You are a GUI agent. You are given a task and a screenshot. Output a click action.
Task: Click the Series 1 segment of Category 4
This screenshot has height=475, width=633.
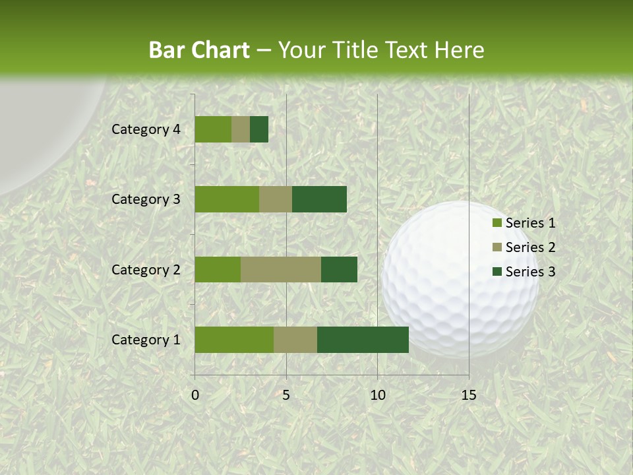(x=212, y=129)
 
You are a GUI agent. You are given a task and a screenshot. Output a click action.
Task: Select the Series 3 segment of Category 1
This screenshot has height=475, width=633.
(x=363, y=340)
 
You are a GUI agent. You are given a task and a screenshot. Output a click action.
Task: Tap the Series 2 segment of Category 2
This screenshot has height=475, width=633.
(x=280, y=269)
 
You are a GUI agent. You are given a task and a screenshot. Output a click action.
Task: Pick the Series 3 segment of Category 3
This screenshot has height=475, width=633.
(x=319, y=199)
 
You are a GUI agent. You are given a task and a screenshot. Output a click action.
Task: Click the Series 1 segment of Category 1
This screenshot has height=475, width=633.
(x=233, y=340)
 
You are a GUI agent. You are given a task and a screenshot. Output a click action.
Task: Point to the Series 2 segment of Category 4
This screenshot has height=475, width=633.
(x=240, y=129)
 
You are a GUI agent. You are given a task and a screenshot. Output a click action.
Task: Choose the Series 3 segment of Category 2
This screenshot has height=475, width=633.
(x=339, y=269)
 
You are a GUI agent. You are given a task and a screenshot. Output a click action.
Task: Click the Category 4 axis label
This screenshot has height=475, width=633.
(x=146, y=129)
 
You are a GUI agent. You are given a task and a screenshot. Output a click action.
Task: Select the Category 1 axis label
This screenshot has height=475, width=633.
(x=146, y=340)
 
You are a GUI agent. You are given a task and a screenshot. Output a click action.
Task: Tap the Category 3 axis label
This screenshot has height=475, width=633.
(x=146, y=199)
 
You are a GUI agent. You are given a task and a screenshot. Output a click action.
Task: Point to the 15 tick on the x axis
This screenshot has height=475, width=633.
(x=468, y=396)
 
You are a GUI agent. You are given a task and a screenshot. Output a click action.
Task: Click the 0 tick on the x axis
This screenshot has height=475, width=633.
(x=195, y=396)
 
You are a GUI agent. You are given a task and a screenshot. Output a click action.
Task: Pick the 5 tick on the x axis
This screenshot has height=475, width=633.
(x=286, y=396)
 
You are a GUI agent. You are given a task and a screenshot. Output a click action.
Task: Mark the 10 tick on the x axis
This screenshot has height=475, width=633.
(x=377, y=396)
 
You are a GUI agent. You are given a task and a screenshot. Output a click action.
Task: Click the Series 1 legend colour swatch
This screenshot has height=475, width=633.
(x=497, y=223)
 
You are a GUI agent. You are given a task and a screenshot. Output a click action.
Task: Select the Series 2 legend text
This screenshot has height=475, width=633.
(x=530, y=247)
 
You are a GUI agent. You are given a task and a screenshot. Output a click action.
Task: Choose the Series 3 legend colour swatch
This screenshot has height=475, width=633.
(x=497, y=272)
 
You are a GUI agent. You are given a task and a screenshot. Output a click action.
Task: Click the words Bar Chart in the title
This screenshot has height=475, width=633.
(x=199, y=50)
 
